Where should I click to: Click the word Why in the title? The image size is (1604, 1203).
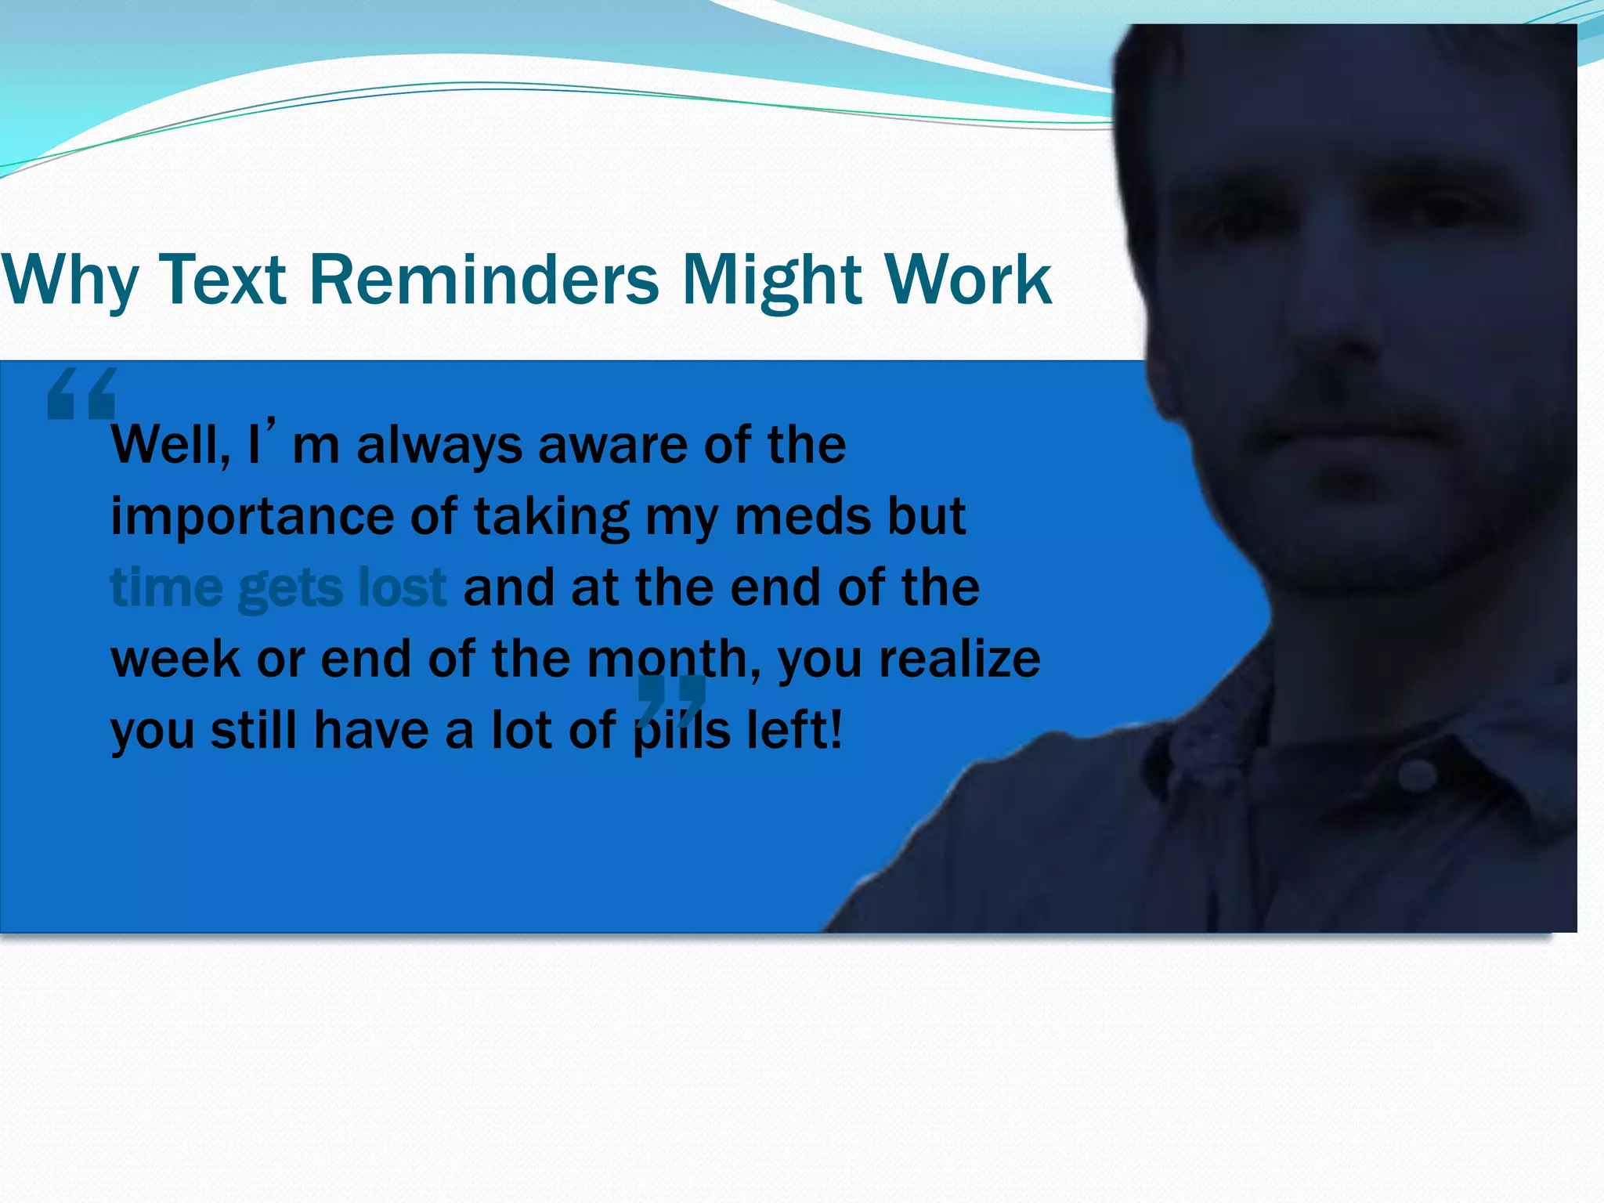click(x=69, y=280)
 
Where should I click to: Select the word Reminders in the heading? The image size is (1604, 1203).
click(x=484, y=280)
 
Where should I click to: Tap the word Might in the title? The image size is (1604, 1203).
click(x=772, y=280)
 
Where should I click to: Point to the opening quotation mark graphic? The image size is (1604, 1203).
click(x=81, y=394)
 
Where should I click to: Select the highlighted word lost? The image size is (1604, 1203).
click(x=401, y=587)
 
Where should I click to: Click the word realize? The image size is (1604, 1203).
click(x=959, y=659)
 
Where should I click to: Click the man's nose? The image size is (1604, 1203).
click(x=1343, y=329)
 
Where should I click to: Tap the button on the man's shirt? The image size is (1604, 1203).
click(x=1416, y=775)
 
